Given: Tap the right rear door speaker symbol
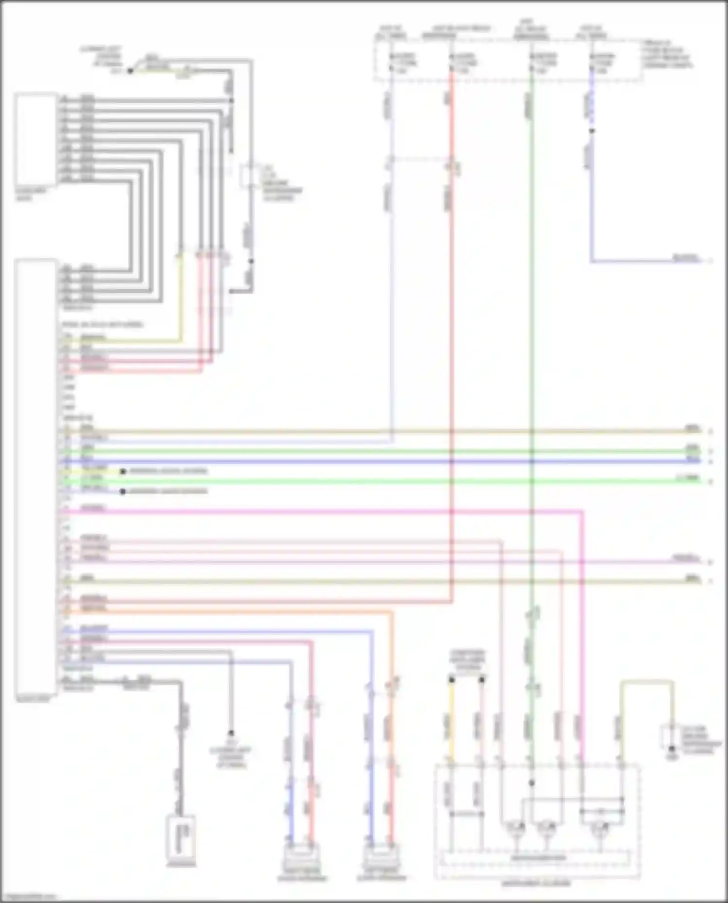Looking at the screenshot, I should click(301, 859).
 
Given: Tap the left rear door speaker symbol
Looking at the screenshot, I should click(381, 859).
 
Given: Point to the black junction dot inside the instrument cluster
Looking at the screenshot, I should click(532, 783).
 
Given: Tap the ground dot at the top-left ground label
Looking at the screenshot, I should click(130, 71).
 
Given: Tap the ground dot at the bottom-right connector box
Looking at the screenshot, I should click(672, 749).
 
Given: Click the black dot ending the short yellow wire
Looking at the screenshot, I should click(123, 471).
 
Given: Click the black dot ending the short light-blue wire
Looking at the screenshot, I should click(123, 492).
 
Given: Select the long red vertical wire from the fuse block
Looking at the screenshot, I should click(452, 340).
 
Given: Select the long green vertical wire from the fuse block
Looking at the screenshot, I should click(531, 340).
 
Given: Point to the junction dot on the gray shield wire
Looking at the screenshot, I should click(251, 262).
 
